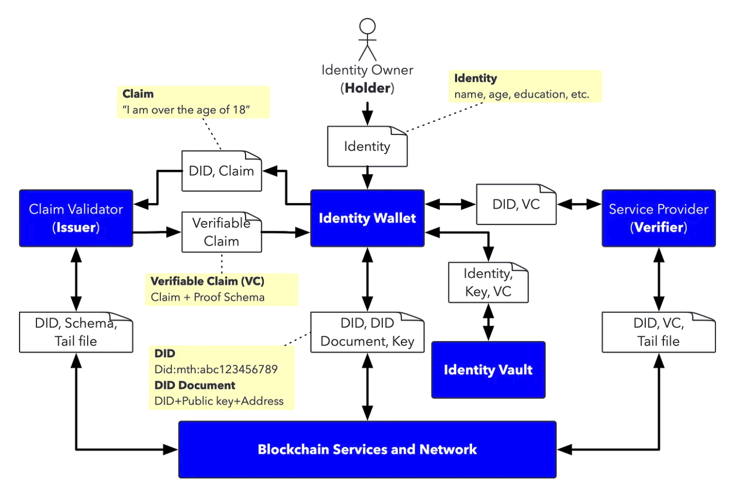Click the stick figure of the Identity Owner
(x=367, y=39)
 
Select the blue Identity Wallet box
(x=367, y=218)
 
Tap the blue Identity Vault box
(x=488, y=370)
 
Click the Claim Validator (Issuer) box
(x=76, y=218)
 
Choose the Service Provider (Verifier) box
(x=659, y=218)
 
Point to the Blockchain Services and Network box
(x=367, y=450)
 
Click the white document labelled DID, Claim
(x=221, y=171)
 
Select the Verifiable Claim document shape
(x=221, y=232)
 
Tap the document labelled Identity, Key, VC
(x=488, y=283)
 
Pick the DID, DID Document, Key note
(x=367, y=332)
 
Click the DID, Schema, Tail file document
(x=76, y=332)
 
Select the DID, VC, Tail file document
(x=659, y=332)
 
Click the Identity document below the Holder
(x=367, y=147)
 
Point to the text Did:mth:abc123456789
(x=216, y=369)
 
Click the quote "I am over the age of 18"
(x=186, y=110)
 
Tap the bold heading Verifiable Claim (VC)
(x=208, y=281)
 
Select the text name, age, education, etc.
(x=522, y=94)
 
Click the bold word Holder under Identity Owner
(x=367, y=88)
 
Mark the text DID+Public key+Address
(x=219, y=401)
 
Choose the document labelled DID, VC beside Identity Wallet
(x=516, y=205)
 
